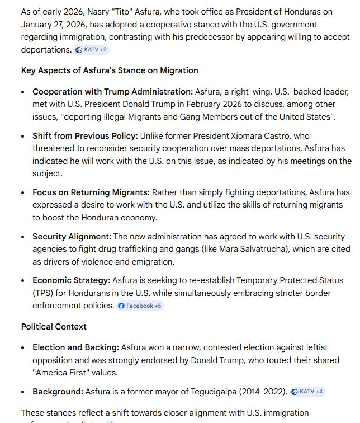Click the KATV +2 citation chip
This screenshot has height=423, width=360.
coord(92,50)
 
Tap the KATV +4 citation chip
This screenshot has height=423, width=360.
coord(307,392)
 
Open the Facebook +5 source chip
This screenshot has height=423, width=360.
coord(140,305)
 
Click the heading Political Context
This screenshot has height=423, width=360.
coord(54,326)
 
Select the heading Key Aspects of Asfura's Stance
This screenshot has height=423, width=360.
coord(110,70)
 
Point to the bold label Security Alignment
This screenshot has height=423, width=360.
coord(72,237)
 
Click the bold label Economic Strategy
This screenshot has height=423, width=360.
coord(71,280)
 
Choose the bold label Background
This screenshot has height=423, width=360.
coord(58,392)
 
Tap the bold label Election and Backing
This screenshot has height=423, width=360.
coord(75,347)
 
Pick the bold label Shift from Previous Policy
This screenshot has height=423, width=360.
coord(85,136)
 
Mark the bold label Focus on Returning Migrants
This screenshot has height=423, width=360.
coord(91,192)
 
